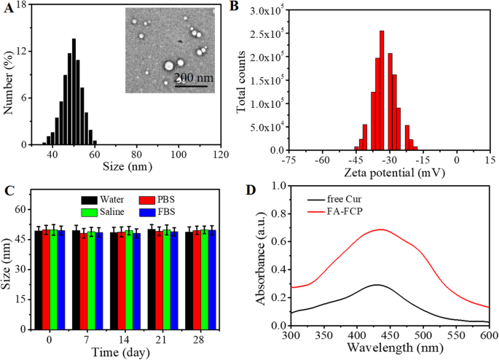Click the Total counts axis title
click(x=244, y=79)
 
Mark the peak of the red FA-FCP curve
click(x=320, y=229)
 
